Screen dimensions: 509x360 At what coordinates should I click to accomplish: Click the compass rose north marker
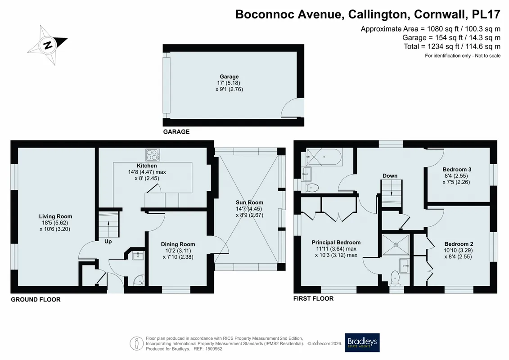(48, 45)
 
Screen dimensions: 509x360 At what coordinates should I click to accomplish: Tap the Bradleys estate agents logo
(362, 342)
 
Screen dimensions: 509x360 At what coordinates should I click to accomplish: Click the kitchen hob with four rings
(153, 155)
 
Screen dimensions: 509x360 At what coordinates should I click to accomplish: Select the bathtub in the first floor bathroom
(324, 157)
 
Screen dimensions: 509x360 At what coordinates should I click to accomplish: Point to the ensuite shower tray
(396, 244)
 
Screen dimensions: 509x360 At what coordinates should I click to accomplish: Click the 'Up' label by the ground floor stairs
(108, 242)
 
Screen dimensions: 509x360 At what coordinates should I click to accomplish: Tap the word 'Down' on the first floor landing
(390, 175)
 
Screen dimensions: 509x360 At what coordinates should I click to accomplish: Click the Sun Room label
(249, 202)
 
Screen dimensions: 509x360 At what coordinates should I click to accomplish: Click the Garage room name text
(229, 76)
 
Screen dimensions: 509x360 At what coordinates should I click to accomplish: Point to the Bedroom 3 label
(457, 170)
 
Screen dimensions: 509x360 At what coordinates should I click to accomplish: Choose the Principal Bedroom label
(336, 243)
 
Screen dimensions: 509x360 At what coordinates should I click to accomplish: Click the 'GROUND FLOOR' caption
(36, 300)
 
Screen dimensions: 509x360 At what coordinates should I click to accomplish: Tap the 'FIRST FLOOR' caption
(313, 299)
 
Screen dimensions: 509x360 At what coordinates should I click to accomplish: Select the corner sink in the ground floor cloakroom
(140, 280)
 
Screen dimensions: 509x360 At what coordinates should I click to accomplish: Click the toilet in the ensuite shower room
(395, 278)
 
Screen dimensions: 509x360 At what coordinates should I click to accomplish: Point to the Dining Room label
(178, 244)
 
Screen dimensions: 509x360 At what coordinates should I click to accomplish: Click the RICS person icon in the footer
(136, 343)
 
